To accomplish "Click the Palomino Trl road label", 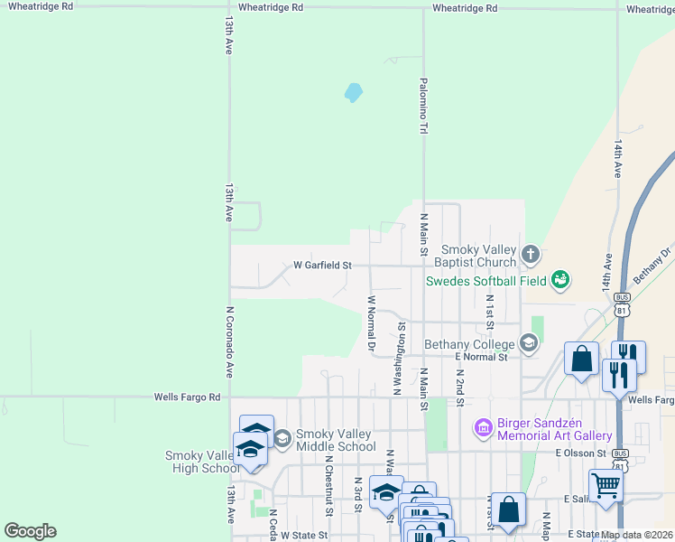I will tap(422, 106).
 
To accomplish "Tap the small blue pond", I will tap(353, 92).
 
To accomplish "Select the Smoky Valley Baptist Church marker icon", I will tap(530, 256).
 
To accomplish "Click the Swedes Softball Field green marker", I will tap(560, 280).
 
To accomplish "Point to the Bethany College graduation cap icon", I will tap(528, 343).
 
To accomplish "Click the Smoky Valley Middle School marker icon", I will tap(281, 439).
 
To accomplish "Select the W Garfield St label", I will tap(322, 266).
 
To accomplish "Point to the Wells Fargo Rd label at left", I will tap(187, 397).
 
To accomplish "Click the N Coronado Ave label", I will tap(229, 341).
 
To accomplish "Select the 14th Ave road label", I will tap(618, 158).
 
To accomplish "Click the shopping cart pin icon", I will tap(606, 485).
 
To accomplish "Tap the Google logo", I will tap(30, 531).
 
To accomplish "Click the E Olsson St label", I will tap(582, 453).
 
